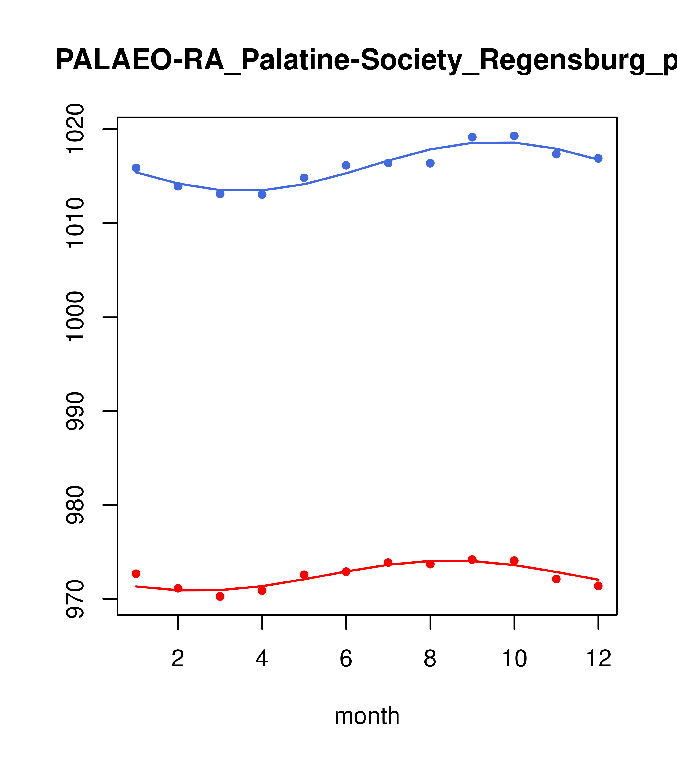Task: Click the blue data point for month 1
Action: pos(136,168)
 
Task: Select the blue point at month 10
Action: pos(514,136)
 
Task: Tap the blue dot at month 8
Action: pos(430,163)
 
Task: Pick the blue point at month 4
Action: pos(262,194)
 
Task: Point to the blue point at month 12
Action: pos(598,158)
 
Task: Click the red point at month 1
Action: pos(136,574)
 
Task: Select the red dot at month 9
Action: pos(472,560)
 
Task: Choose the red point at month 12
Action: pos(598,586)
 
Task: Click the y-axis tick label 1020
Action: pos(75,129)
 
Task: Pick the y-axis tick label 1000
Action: pos(75,317)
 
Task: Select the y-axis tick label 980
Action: pos(75,505)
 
